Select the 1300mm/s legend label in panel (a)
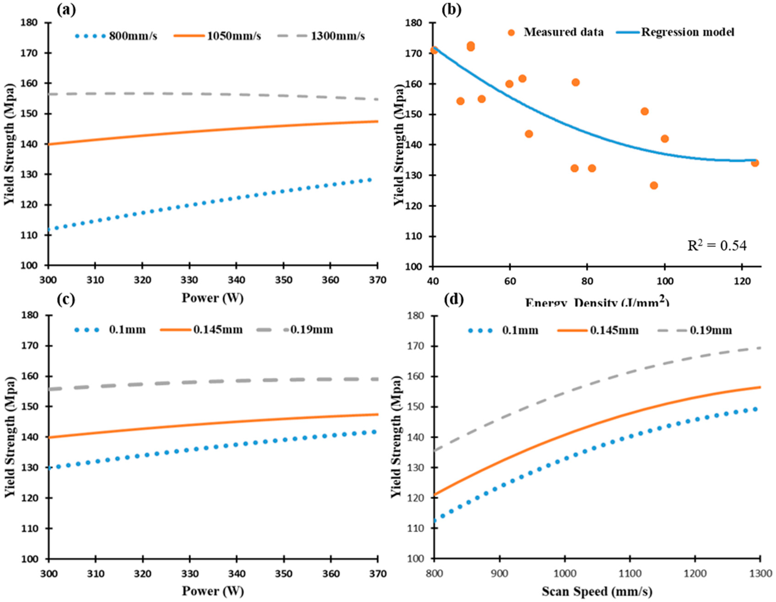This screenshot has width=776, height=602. click(x=337, y=36)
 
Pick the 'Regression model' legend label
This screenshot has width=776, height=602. click(x=687, y=32)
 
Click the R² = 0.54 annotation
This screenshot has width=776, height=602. click(x=717, y=246)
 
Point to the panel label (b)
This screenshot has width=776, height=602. click(x=451, y=10)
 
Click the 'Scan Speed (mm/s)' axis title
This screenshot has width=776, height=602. click(x=597, y=591)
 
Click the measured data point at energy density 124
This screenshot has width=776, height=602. click(x=755, y=163)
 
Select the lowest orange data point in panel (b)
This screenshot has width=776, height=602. click(x=654, y=185)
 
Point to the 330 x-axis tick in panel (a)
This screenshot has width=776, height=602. click(x=189, y=280)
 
